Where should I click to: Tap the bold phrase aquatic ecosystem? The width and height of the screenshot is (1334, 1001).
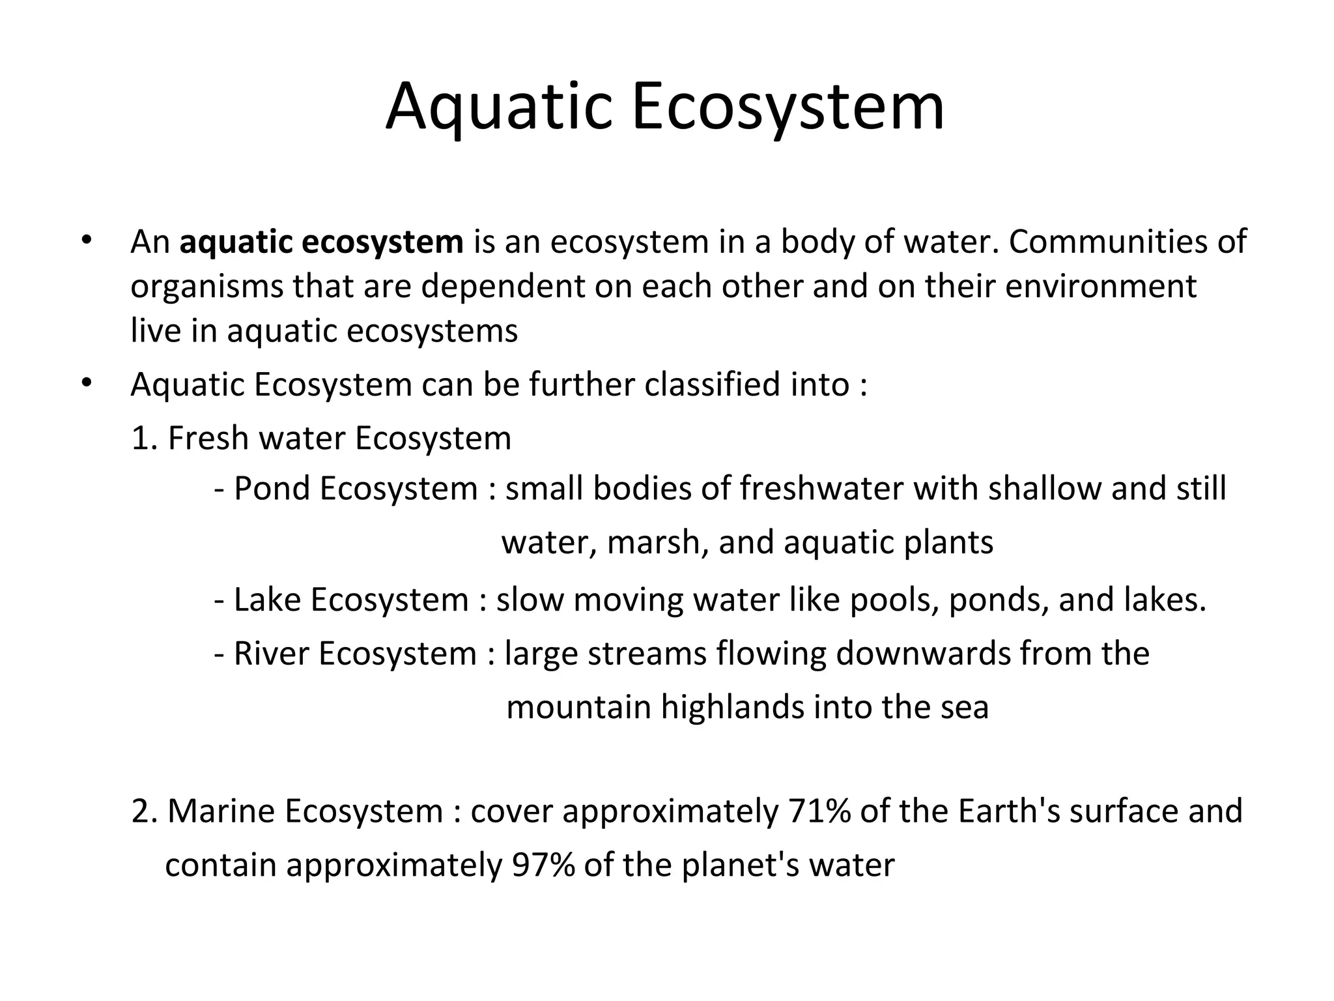point(321,242)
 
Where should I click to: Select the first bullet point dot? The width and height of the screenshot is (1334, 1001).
point(85,239)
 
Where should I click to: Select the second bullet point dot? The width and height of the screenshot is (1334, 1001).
point(85,383)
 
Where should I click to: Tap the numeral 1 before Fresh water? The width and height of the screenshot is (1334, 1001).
point(141,438)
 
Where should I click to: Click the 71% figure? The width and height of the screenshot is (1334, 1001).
point(819,811)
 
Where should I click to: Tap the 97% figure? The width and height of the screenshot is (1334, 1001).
point(543,865)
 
